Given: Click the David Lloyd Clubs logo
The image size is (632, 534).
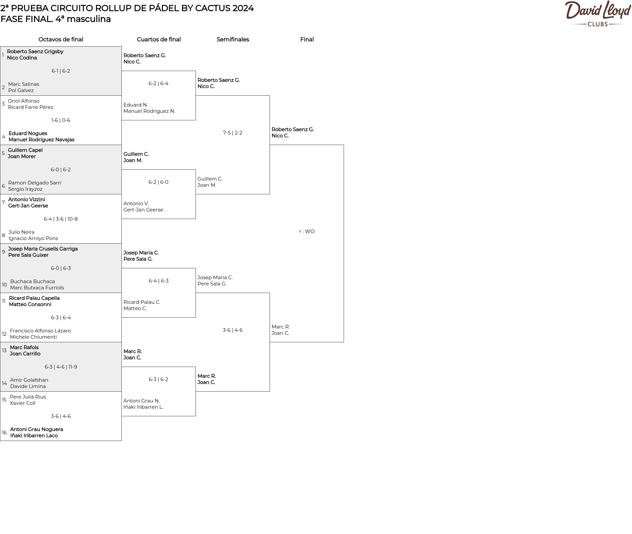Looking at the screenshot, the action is (x=598, y=14).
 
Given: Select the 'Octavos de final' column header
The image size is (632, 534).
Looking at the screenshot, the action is (x=61, y=39).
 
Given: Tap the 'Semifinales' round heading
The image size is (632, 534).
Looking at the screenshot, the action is (x=233, y=39).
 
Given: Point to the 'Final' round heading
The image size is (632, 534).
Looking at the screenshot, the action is (x=307, y=39).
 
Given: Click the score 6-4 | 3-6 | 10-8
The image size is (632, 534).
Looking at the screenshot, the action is (x=61, y=219).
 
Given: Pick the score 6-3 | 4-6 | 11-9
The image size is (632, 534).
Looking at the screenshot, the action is (x=61, y=367).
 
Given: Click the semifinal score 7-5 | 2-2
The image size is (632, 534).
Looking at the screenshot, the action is (x=233, y=133).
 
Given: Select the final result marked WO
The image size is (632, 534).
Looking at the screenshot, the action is (x=307, y=231).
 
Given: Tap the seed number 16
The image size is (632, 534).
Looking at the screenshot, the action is (x=4, y=433).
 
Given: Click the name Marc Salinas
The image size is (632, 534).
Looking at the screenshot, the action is (x=24, y=84).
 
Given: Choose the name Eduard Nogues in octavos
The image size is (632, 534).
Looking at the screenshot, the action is (x=28, y=133).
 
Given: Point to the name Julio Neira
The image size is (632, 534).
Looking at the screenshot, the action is (x=21, y=232).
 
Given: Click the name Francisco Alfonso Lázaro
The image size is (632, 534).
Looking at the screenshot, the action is (x=40, y=331).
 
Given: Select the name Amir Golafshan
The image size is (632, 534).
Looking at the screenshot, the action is (x=29, y=380).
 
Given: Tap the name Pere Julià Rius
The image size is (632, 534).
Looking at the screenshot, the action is (x=28, y=397).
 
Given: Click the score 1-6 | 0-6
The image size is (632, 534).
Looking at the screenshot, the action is (x=61, y=120).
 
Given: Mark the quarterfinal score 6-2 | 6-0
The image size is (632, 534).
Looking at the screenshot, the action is (x=158, y=182).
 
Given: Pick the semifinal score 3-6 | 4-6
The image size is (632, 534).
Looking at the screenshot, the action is (x=233, y=330).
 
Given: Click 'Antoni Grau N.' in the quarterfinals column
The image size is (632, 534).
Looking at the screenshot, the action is (x=142, y=401).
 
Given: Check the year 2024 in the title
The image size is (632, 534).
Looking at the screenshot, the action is (x=243, y=8).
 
